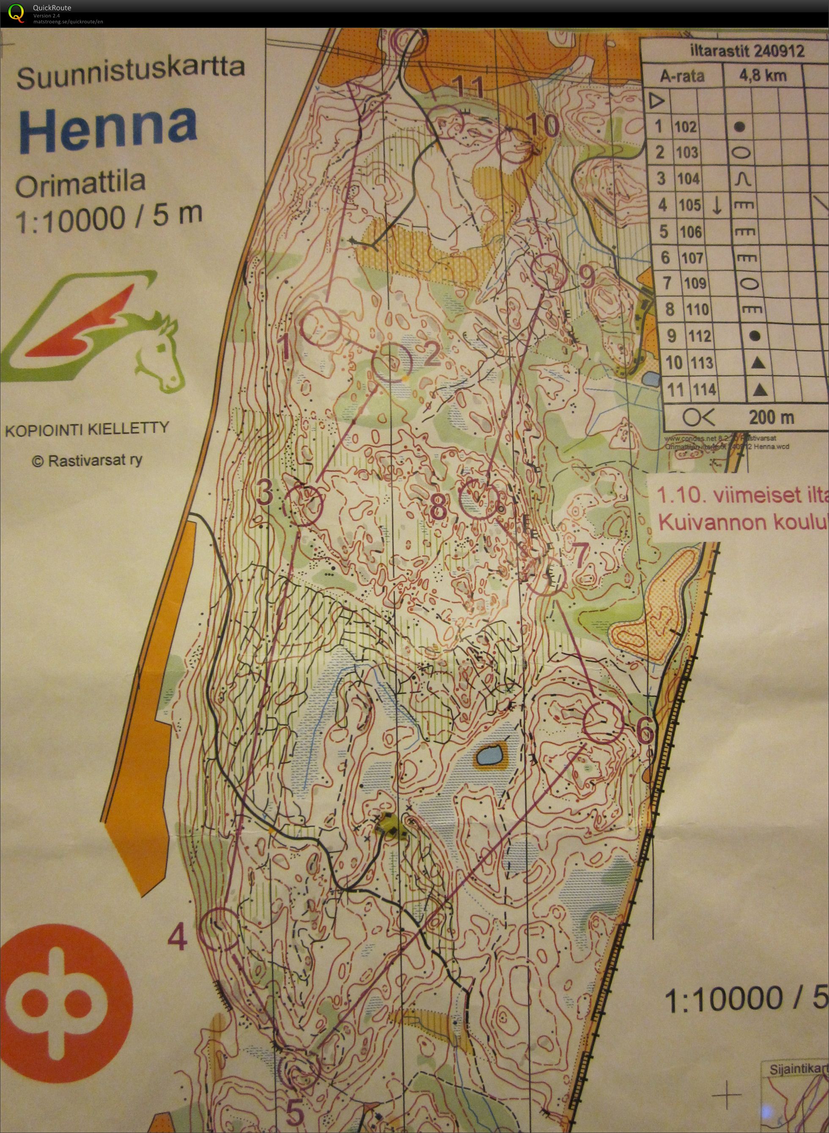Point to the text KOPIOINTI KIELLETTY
87,429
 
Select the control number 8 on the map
438,507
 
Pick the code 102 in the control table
686,126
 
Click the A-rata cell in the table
682,76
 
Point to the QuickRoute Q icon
16,13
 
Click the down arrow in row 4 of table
717,205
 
